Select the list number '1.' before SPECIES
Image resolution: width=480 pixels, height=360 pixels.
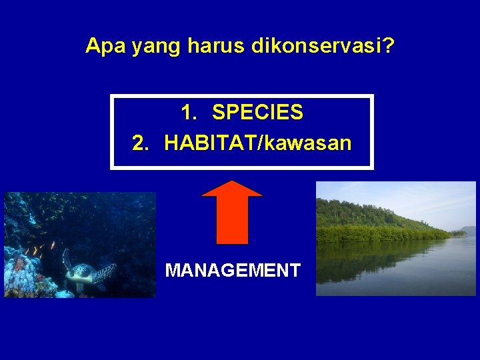(189, 113)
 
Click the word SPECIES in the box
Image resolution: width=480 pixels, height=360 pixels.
(257, 113)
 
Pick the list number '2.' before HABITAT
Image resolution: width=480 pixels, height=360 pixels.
(141, 143)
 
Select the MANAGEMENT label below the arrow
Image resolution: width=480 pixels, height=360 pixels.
(233, 270)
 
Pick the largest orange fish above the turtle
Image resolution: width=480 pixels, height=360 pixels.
(53, 245)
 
